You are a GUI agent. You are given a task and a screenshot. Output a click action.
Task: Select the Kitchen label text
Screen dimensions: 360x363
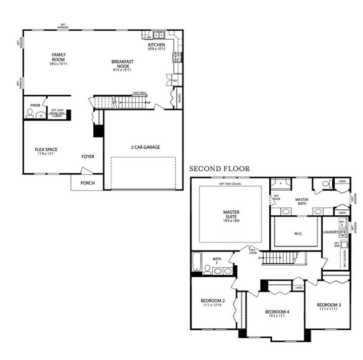(156, 46)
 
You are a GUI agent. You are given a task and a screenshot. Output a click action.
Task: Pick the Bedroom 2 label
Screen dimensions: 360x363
(212, 302)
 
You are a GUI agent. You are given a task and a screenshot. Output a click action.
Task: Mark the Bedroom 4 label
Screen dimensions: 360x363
(277, 312)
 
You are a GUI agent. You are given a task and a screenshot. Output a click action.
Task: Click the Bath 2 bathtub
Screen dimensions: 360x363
(197, 262)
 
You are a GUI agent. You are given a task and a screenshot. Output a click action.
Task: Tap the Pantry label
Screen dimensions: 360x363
(177, 97)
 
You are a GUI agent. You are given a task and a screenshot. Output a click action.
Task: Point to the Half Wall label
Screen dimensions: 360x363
(140, 93)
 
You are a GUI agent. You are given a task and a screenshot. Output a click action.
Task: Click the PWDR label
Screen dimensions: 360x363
(35, 105)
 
